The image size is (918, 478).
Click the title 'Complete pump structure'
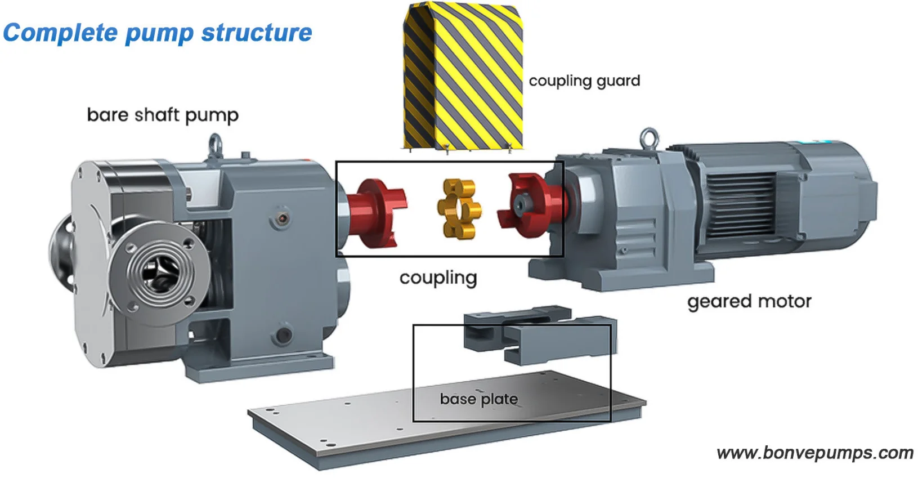coord(158,33)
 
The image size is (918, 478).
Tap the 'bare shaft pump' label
coord(163,115)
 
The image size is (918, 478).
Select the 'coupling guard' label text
coord(584,81)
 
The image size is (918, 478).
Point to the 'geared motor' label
coord(749,302)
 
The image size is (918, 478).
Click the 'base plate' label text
coord(478,399)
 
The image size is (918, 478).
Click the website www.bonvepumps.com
coord(815,453)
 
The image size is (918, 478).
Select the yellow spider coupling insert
coord(459,209)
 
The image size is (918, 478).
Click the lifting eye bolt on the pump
coord(215,145)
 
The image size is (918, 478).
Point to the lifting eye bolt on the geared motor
coord(650,138)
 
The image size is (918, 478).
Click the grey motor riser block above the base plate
coord(541,334)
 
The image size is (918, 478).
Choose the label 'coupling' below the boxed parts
coord(438,278)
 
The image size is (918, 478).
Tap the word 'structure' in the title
coord(257,33)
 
